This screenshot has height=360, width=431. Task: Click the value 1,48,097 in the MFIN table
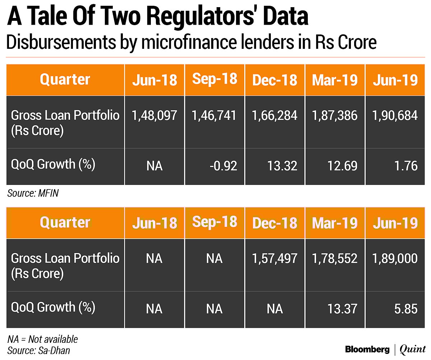(x=154, y=115)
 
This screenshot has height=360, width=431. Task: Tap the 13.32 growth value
(x=282, y=166)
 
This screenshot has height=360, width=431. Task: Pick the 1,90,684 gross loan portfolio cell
(x=395, y=115)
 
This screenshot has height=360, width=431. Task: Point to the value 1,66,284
(x=275, y=115)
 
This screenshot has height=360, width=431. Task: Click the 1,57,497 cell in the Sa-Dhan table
(x=275, y=258)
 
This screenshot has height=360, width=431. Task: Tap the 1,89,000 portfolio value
(x=395, y=258)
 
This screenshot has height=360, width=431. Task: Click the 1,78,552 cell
(x=335, y=258)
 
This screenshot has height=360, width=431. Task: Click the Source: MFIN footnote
(x=33, y=194)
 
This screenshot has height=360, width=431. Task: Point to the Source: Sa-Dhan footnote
(x=38, y=350)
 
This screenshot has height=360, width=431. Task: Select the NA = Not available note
(x=42, y=339)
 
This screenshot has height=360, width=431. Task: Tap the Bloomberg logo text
(x=367, y=349)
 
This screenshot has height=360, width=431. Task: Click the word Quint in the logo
(x=413, y=349)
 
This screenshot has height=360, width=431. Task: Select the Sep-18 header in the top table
(x=215, y=79)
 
